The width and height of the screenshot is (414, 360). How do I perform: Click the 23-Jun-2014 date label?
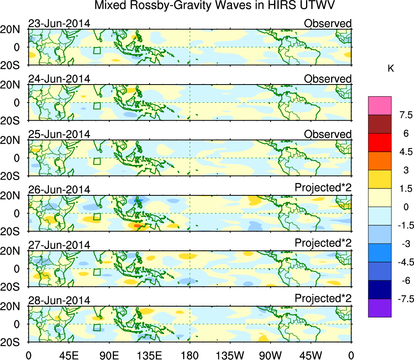pos(59,23)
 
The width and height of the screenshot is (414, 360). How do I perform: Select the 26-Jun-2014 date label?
pos(59,190)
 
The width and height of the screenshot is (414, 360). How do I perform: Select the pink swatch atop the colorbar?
pos(380,106)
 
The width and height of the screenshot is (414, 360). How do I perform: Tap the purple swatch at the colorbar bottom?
pos(380,308)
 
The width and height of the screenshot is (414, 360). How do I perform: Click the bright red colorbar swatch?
pos(380,142)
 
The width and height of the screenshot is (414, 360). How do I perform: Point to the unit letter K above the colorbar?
pos(391,69)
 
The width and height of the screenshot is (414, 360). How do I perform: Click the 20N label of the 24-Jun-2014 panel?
pos(13,85)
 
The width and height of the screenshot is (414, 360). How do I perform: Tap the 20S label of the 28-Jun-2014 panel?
pos(13,342)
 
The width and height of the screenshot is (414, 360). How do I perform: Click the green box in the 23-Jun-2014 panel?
pos(97,51)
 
